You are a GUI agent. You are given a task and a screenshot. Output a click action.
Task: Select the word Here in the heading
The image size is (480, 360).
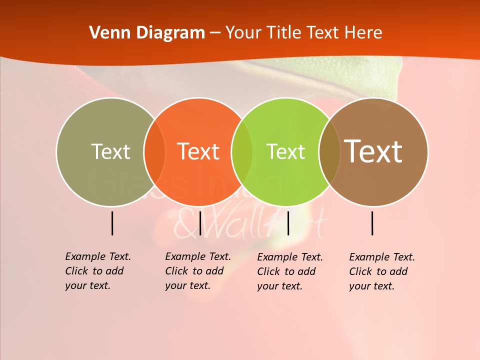coord(363,33)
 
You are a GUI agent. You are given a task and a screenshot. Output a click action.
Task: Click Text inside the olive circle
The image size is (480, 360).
coord(110,151)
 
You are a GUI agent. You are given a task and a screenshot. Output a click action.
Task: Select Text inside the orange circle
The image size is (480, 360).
coord(198,151)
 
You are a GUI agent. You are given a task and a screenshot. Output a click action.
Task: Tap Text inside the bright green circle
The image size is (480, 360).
coord(285,151)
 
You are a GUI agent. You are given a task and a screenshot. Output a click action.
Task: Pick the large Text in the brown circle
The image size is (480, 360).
coord(373,151)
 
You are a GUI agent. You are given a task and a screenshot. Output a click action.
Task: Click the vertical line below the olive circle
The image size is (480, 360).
coord(112,223)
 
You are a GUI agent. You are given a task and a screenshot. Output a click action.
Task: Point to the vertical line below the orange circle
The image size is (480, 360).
coord(200,223)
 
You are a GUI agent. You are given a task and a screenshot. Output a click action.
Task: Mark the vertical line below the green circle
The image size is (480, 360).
coord(288,223)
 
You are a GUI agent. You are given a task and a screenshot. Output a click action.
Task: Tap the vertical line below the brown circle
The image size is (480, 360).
coord(372,223)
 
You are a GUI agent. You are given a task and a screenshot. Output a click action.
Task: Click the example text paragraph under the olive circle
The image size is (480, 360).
coord(97,271)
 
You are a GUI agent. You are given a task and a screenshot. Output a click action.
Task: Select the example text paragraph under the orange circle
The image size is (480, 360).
coord(197,271)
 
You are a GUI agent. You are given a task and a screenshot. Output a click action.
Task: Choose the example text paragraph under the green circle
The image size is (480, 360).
coord(289,271)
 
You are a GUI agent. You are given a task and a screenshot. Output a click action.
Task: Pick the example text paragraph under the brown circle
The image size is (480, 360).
coord(381,271)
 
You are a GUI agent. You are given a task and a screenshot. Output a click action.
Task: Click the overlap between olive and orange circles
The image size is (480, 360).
coord(154,152)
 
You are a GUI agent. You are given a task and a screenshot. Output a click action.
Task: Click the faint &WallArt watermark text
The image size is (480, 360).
coord(250,225)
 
